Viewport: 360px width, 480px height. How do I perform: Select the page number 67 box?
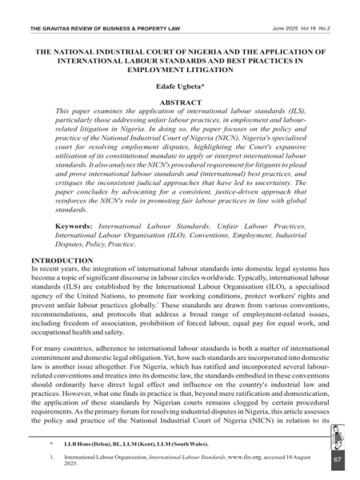pyautogui.click(x=337, y=459)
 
